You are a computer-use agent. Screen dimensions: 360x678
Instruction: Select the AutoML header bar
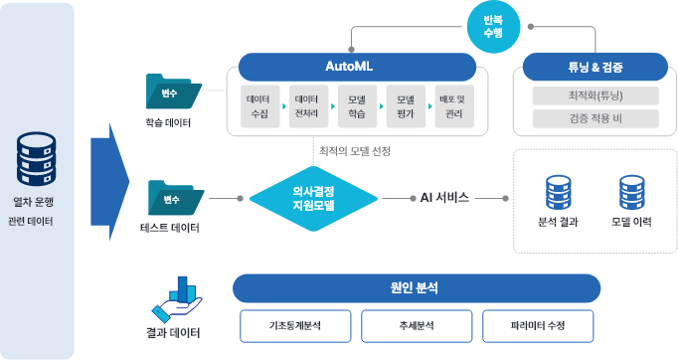click(x=354, y=67)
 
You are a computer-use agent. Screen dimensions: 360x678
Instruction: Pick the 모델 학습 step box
click(x=357, y=106)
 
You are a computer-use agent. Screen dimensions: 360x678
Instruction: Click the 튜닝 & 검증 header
click(x=594, y=68)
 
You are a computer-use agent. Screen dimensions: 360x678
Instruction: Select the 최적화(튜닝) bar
click(x=594, y=96)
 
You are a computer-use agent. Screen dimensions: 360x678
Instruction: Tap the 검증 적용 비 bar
click(x=594, y=119)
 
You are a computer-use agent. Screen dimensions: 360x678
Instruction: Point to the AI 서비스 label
click(x=443, y=198)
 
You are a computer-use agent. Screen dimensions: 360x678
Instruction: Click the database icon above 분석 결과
click(x=562, y=191)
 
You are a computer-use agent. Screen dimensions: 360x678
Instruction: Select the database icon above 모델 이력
click(x=631, y=191)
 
